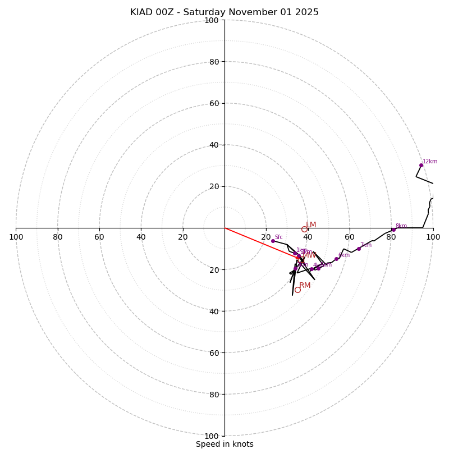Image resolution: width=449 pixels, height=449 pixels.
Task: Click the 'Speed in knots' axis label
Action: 224,444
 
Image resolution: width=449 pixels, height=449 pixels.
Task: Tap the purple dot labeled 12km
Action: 421,165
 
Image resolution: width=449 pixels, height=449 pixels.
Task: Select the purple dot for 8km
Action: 393,230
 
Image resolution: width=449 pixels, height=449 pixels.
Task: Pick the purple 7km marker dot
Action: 359,249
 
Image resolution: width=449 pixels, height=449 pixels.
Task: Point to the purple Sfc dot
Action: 273,241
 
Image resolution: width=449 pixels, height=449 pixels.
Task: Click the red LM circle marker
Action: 304,229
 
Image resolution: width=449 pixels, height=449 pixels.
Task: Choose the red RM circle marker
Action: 297,290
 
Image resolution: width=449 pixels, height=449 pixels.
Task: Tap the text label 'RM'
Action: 305,286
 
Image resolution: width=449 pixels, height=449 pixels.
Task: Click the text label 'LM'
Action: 311,224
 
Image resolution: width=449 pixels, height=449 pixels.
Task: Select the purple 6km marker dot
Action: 336,259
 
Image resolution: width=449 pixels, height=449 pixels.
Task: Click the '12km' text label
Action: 430,162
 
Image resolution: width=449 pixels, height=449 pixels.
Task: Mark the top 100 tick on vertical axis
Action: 212,20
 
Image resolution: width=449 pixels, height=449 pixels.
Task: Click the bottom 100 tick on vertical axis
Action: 212,436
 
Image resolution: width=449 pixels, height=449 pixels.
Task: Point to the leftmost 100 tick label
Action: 16,237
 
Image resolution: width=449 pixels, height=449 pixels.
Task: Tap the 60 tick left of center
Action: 99,237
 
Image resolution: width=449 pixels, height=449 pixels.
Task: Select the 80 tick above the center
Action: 213,62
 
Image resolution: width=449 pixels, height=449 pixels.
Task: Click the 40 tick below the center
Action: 213,311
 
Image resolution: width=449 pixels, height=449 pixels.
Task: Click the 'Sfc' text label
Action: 278,237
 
